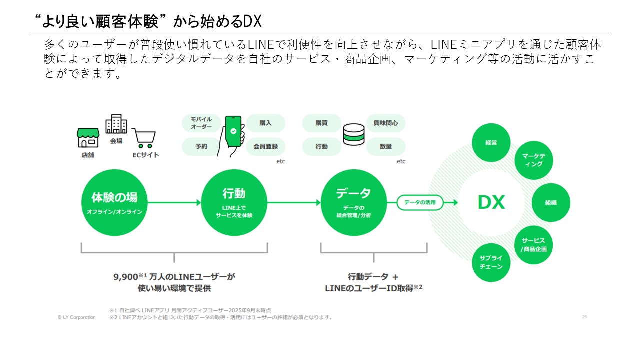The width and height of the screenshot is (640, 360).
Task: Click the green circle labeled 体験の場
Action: point(114,203)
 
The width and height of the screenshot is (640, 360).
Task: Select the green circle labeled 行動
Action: point(234,203)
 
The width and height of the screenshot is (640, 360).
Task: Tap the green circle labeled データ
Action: point(353,203)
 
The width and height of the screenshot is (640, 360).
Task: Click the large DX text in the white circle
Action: point(491,203)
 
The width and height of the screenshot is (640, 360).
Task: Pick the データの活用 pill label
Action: point(420,203)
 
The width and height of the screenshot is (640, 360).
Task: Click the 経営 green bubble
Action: point(491,143)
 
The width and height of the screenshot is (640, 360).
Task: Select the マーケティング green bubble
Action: point(534,160)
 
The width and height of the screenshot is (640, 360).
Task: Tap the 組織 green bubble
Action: point(551,203)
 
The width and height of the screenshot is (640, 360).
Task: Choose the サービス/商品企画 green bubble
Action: point(534,245)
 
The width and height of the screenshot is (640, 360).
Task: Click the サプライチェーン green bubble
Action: point(491,262)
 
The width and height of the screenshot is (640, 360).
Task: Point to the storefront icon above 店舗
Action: point(88,137)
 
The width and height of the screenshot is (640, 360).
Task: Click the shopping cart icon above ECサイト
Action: point(144,138)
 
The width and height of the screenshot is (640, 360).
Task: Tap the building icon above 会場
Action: point(116,124)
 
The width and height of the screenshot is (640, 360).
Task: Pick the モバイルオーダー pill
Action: point(201,123)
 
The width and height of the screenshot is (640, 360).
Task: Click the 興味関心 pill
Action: point(386,123)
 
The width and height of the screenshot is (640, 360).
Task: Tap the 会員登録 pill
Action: point(265,147)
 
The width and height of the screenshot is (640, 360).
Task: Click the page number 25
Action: point(584,317)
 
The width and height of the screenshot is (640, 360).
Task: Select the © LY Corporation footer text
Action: point(76,317)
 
